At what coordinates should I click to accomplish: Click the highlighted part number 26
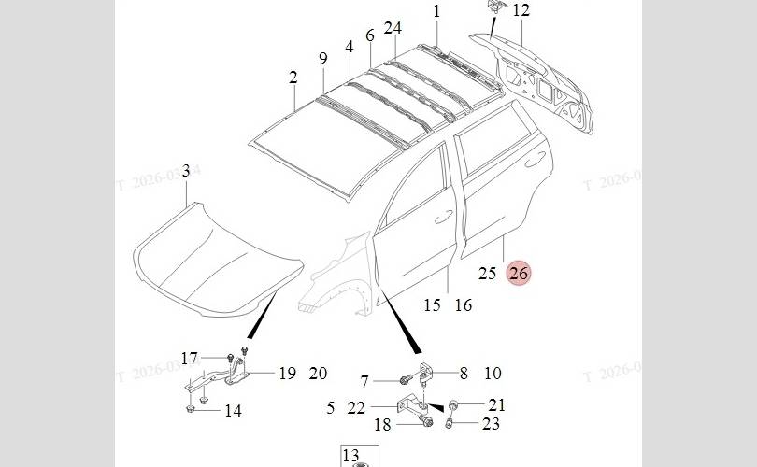[519, 273]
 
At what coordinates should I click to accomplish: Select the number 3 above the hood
[186, 171]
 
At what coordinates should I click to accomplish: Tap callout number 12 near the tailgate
[521, 11]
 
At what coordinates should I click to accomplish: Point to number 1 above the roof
[436, 11]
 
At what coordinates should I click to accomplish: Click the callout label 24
[393, 28]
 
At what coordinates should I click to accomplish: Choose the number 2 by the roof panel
[293, 78]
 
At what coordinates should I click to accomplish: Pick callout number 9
[323, 58]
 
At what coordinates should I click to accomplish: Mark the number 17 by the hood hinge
[190, 359]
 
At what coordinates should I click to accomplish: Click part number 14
[233, 410]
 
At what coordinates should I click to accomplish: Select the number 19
[287, 374]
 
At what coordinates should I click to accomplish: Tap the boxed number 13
[351, 455]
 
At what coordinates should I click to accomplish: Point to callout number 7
[364, 381]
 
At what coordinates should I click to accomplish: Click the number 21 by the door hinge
[496, 404]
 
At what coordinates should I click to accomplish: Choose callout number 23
[492, 424]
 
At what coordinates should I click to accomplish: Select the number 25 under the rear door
[487, 273]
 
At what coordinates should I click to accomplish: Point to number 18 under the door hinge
[382, 425]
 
